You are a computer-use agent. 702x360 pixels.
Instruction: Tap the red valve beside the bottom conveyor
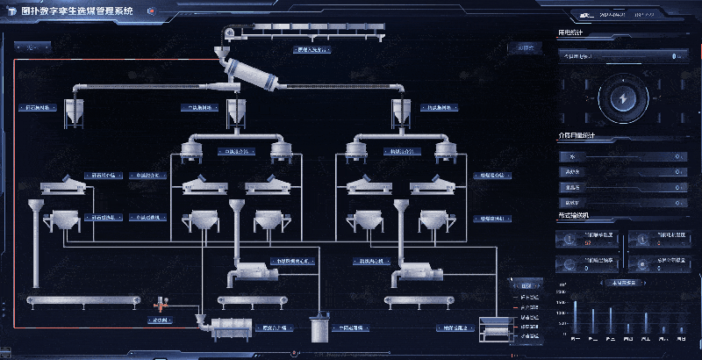point(162,304)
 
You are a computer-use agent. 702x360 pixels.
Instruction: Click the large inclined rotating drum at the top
point(249,76)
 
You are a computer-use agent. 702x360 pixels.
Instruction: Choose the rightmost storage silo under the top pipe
point(401,112)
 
